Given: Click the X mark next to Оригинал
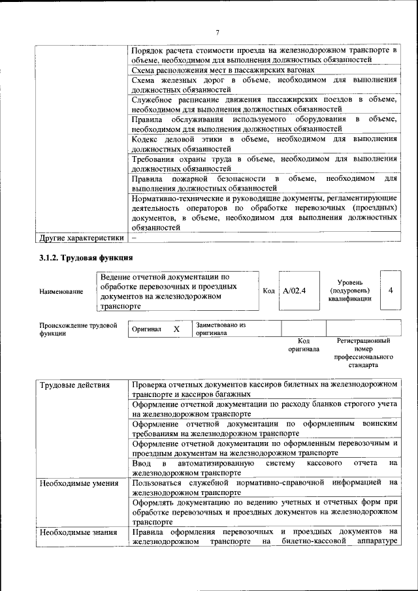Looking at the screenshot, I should point(176,329).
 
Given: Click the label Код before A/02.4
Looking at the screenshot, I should point(268,290).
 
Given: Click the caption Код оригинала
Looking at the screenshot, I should point(303,345).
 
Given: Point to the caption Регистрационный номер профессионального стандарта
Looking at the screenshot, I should point(363,353).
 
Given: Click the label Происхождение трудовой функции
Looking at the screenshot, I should point(78,328).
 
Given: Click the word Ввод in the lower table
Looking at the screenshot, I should point(142,463).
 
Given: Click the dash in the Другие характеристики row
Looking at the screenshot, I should point(133,238).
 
